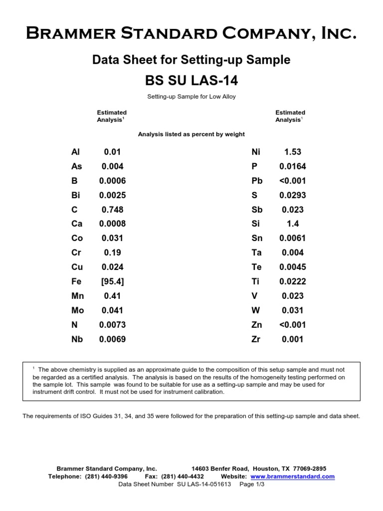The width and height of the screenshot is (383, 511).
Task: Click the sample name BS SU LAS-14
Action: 191,80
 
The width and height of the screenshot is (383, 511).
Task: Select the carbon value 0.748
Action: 112,210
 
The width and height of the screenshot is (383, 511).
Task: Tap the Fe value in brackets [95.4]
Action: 112,282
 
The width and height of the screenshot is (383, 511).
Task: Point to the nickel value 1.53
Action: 292,152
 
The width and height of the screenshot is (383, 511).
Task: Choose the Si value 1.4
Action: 292,224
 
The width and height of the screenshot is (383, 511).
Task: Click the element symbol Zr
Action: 257,339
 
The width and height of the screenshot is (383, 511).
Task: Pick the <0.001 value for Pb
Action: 292,181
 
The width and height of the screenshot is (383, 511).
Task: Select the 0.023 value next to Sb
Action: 292,210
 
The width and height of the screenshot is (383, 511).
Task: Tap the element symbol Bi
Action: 76,195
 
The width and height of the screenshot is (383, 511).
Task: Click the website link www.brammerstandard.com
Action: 292,477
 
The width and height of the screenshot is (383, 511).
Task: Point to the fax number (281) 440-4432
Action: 183,477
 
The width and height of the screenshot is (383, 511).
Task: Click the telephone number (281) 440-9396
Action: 106,477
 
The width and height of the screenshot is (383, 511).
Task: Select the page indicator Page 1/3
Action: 252,484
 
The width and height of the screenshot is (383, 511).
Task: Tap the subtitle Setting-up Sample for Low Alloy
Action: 191,97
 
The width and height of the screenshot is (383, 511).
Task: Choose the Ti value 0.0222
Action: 292,282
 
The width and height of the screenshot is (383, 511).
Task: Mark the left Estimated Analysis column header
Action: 111,116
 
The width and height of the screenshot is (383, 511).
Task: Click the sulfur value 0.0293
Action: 292,195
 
